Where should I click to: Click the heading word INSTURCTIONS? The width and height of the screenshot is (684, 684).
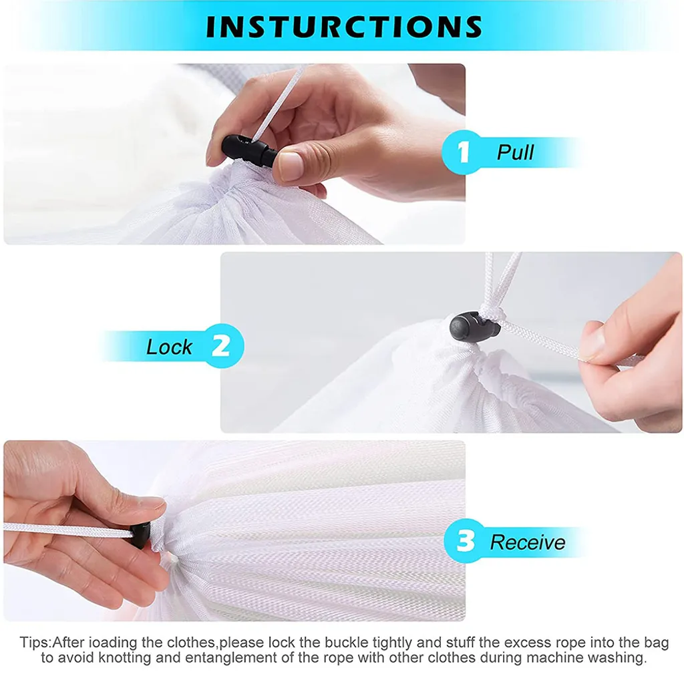344,26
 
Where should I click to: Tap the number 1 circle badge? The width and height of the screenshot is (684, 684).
464,152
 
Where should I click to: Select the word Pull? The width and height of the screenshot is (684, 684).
515,152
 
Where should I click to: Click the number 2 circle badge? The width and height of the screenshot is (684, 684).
221,346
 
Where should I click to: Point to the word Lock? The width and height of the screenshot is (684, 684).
169,347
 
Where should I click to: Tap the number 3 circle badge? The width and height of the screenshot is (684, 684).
466,541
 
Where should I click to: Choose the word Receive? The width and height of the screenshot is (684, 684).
528,542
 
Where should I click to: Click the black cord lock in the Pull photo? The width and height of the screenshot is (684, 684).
249,150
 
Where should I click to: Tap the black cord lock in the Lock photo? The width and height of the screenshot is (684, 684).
474,325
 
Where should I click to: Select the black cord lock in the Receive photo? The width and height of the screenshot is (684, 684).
140,536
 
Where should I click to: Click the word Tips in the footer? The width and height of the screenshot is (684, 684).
34,643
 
